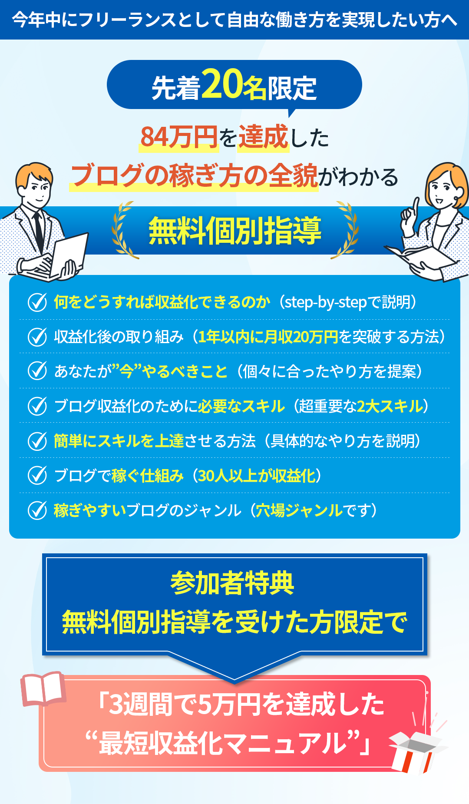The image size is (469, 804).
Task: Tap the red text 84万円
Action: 179,137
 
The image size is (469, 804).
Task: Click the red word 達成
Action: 263,137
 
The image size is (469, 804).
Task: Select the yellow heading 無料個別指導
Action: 235,230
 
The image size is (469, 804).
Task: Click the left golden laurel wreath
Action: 122,230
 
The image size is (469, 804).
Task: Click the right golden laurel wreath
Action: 347,230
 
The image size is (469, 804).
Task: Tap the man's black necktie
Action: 39,230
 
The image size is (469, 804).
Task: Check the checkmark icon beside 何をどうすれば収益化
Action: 37,302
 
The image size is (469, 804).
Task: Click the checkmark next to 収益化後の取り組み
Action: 37,337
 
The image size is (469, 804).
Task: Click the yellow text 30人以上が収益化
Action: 257,476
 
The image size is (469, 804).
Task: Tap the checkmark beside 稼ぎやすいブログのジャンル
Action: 37,510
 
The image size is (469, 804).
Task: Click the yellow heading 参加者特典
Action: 232,583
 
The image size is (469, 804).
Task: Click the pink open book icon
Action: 43,689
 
